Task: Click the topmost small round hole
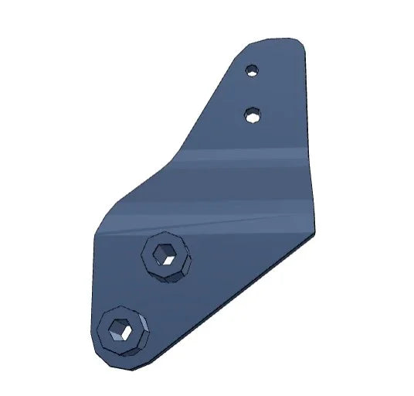(x=251, y=71)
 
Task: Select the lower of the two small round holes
(x=251, y=115)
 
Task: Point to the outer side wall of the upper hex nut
(x=171, y=275)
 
